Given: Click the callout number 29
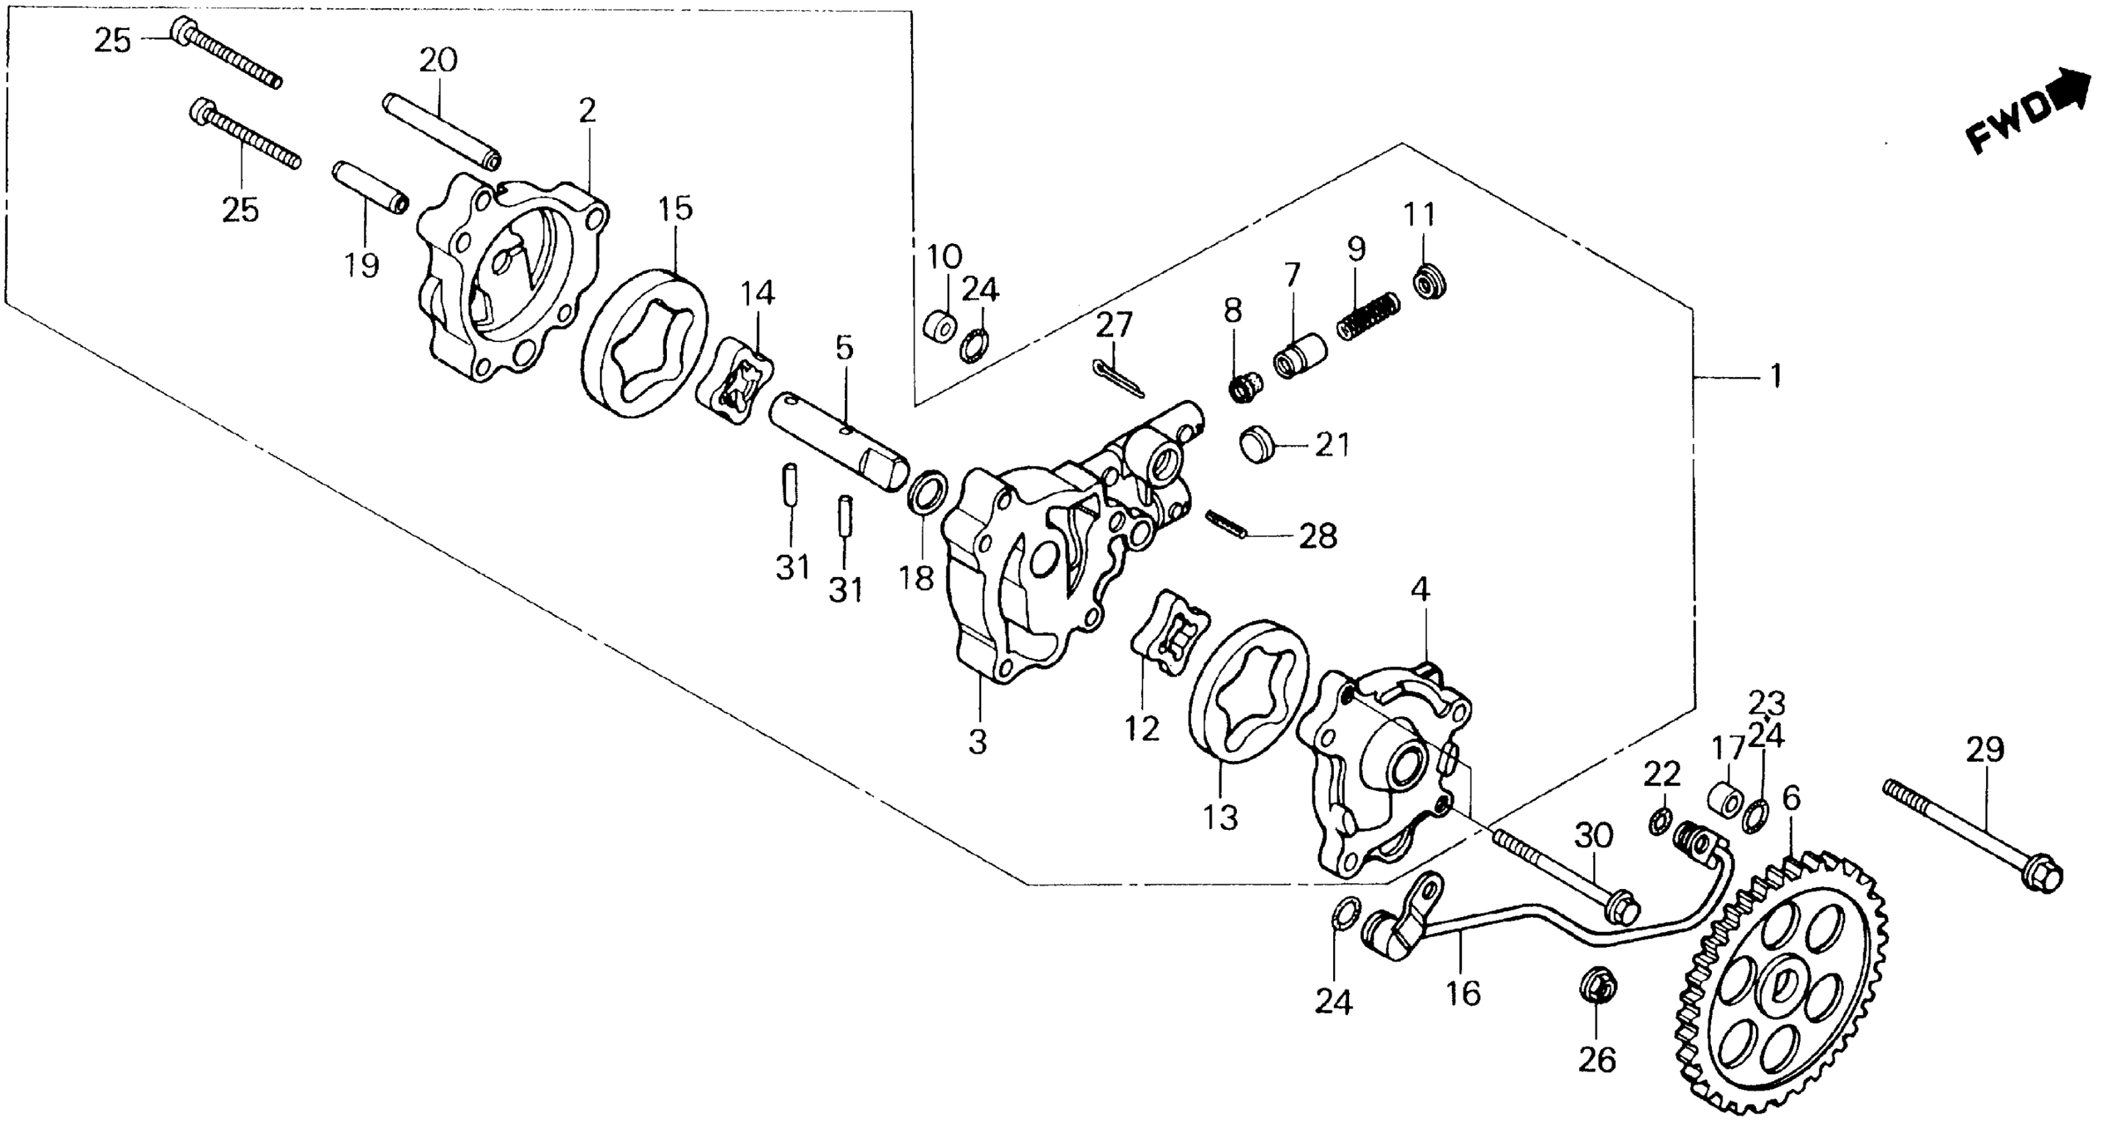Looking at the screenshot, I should click(x=1985, y=748).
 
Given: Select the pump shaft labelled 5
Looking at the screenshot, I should click(x=837, y=441).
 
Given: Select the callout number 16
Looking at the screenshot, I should click(x=1463, y=994).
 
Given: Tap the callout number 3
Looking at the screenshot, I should click(x=978, y=741).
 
